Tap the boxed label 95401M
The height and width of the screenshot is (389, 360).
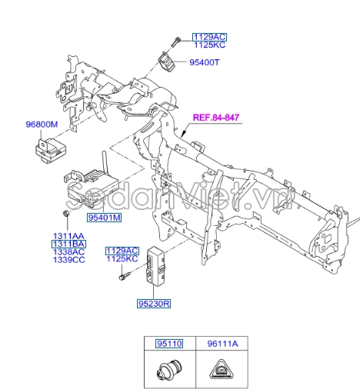pos(102,218)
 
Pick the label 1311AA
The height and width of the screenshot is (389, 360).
pos(68,235)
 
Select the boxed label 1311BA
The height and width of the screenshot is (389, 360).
pos(68,244)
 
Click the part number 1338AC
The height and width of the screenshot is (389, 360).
pos(68,252)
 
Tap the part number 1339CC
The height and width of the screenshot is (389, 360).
pos(68,261)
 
